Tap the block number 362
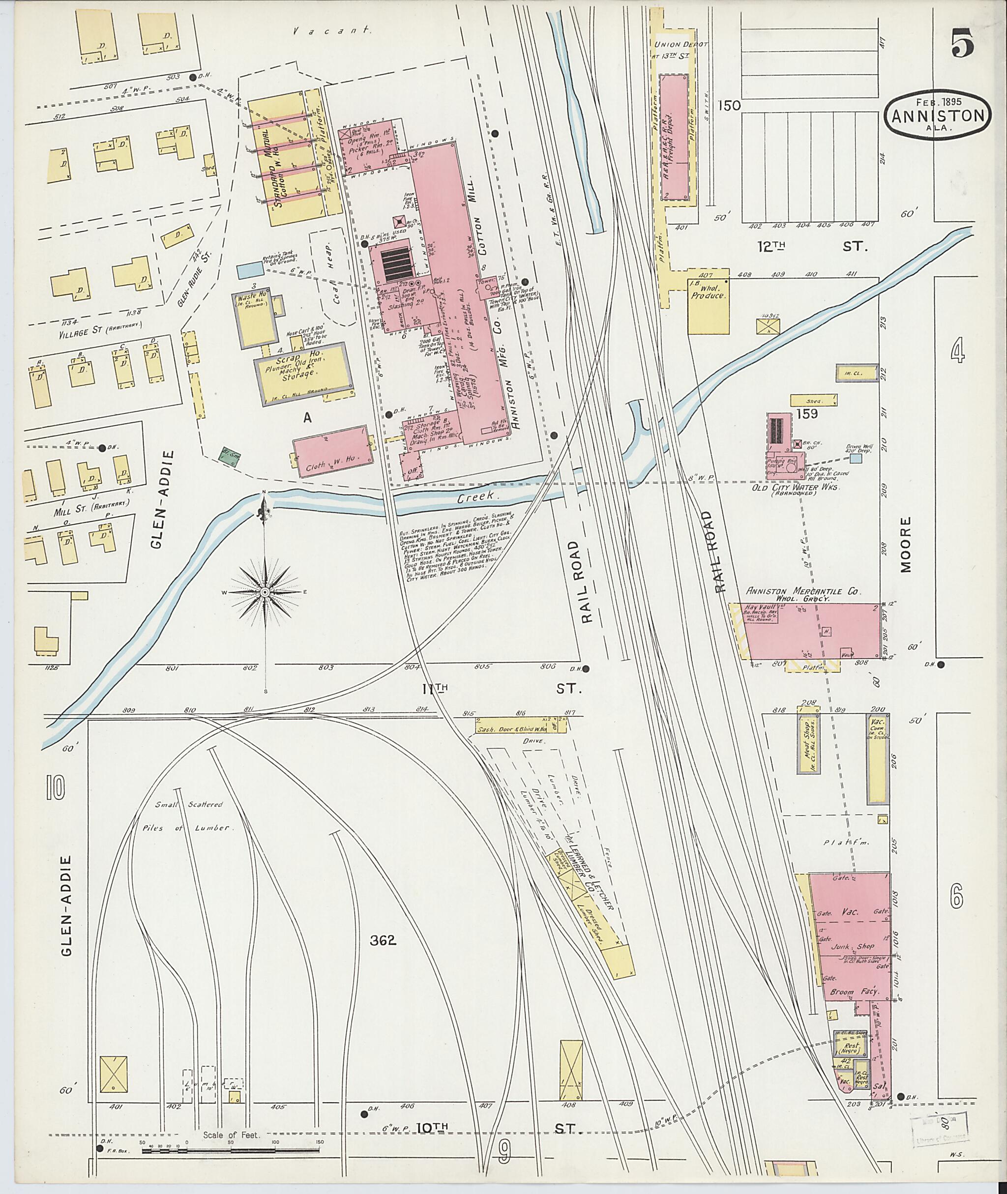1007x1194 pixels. point(383,940)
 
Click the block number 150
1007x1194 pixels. point(730,106)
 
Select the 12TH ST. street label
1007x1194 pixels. point(809,247)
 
